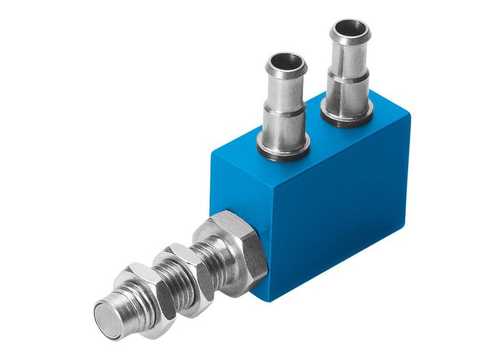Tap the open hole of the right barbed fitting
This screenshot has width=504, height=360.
pyautogui.click(x=350, y=30)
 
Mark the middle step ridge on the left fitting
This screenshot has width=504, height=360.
pyautogui.click(x=285, y=108)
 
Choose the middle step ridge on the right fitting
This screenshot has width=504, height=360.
pyautogui.click(x=349, y=73)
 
